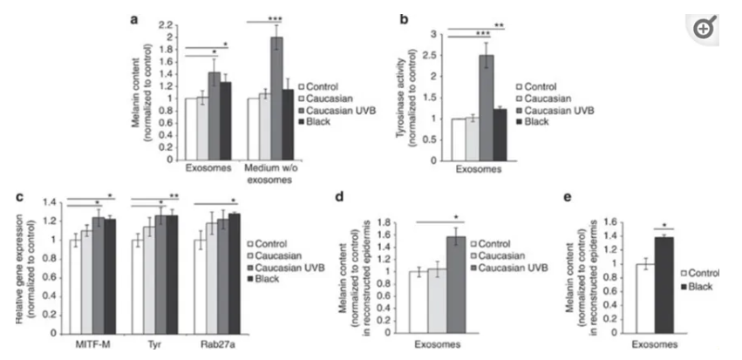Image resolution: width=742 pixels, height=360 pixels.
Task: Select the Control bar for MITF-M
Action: (76, 282)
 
